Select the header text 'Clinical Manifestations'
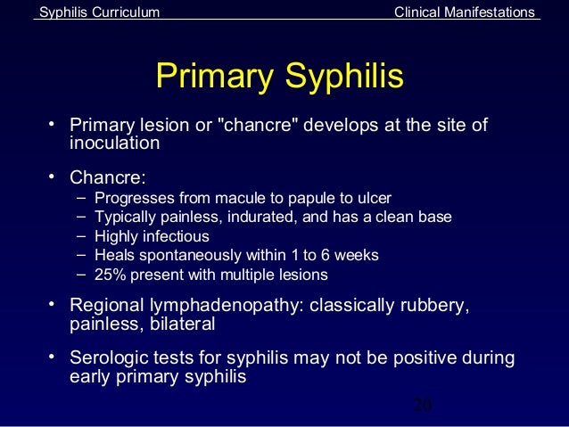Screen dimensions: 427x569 tap(466, 12)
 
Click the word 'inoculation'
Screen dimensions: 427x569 tap(114, 143)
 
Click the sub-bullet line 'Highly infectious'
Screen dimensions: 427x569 tap(152, 236)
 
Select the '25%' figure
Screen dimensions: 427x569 tap(110, 275)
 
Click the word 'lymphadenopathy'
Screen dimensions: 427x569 tap(224, 306)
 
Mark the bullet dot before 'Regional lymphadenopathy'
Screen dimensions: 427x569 tap(53, 304)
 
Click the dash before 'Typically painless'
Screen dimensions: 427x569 tap(81, 217)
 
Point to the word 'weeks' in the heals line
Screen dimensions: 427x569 tap(357, 255)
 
